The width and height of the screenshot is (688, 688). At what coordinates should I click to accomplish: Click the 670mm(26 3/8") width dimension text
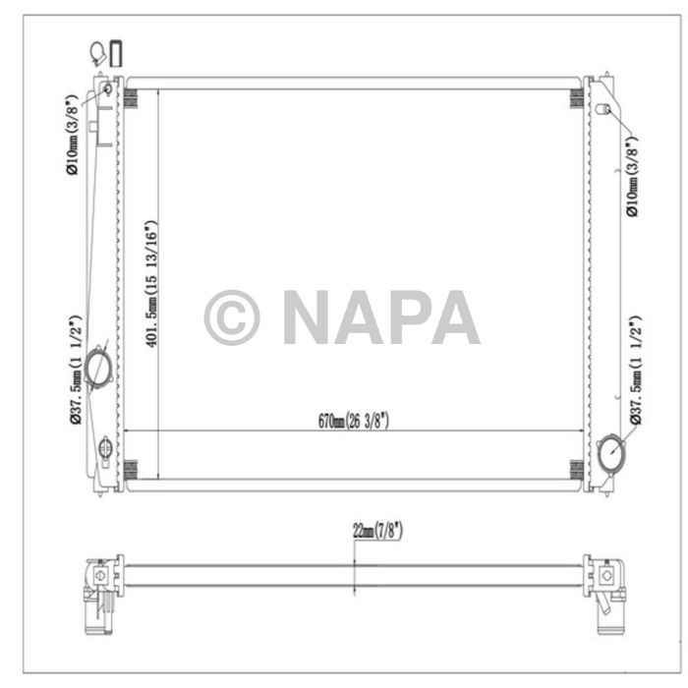[x=353, y=421]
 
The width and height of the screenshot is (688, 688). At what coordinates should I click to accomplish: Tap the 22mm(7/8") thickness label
[x=377, y=531]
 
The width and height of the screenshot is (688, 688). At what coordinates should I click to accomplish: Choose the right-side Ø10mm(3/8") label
[x=631, y=178]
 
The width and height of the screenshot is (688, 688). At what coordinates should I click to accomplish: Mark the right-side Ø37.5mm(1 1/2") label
[x=634, y=371]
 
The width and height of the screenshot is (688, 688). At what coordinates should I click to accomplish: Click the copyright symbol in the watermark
[x=232, y=318]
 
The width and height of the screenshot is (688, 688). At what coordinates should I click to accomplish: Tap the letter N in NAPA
[x=311, y=318]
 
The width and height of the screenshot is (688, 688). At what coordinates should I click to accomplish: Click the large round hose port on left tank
[x=99, y=368]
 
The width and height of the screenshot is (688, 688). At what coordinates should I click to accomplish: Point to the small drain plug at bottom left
[x=105, y=451]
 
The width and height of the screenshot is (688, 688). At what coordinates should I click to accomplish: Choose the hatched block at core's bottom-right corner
[x=576, y=469]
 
